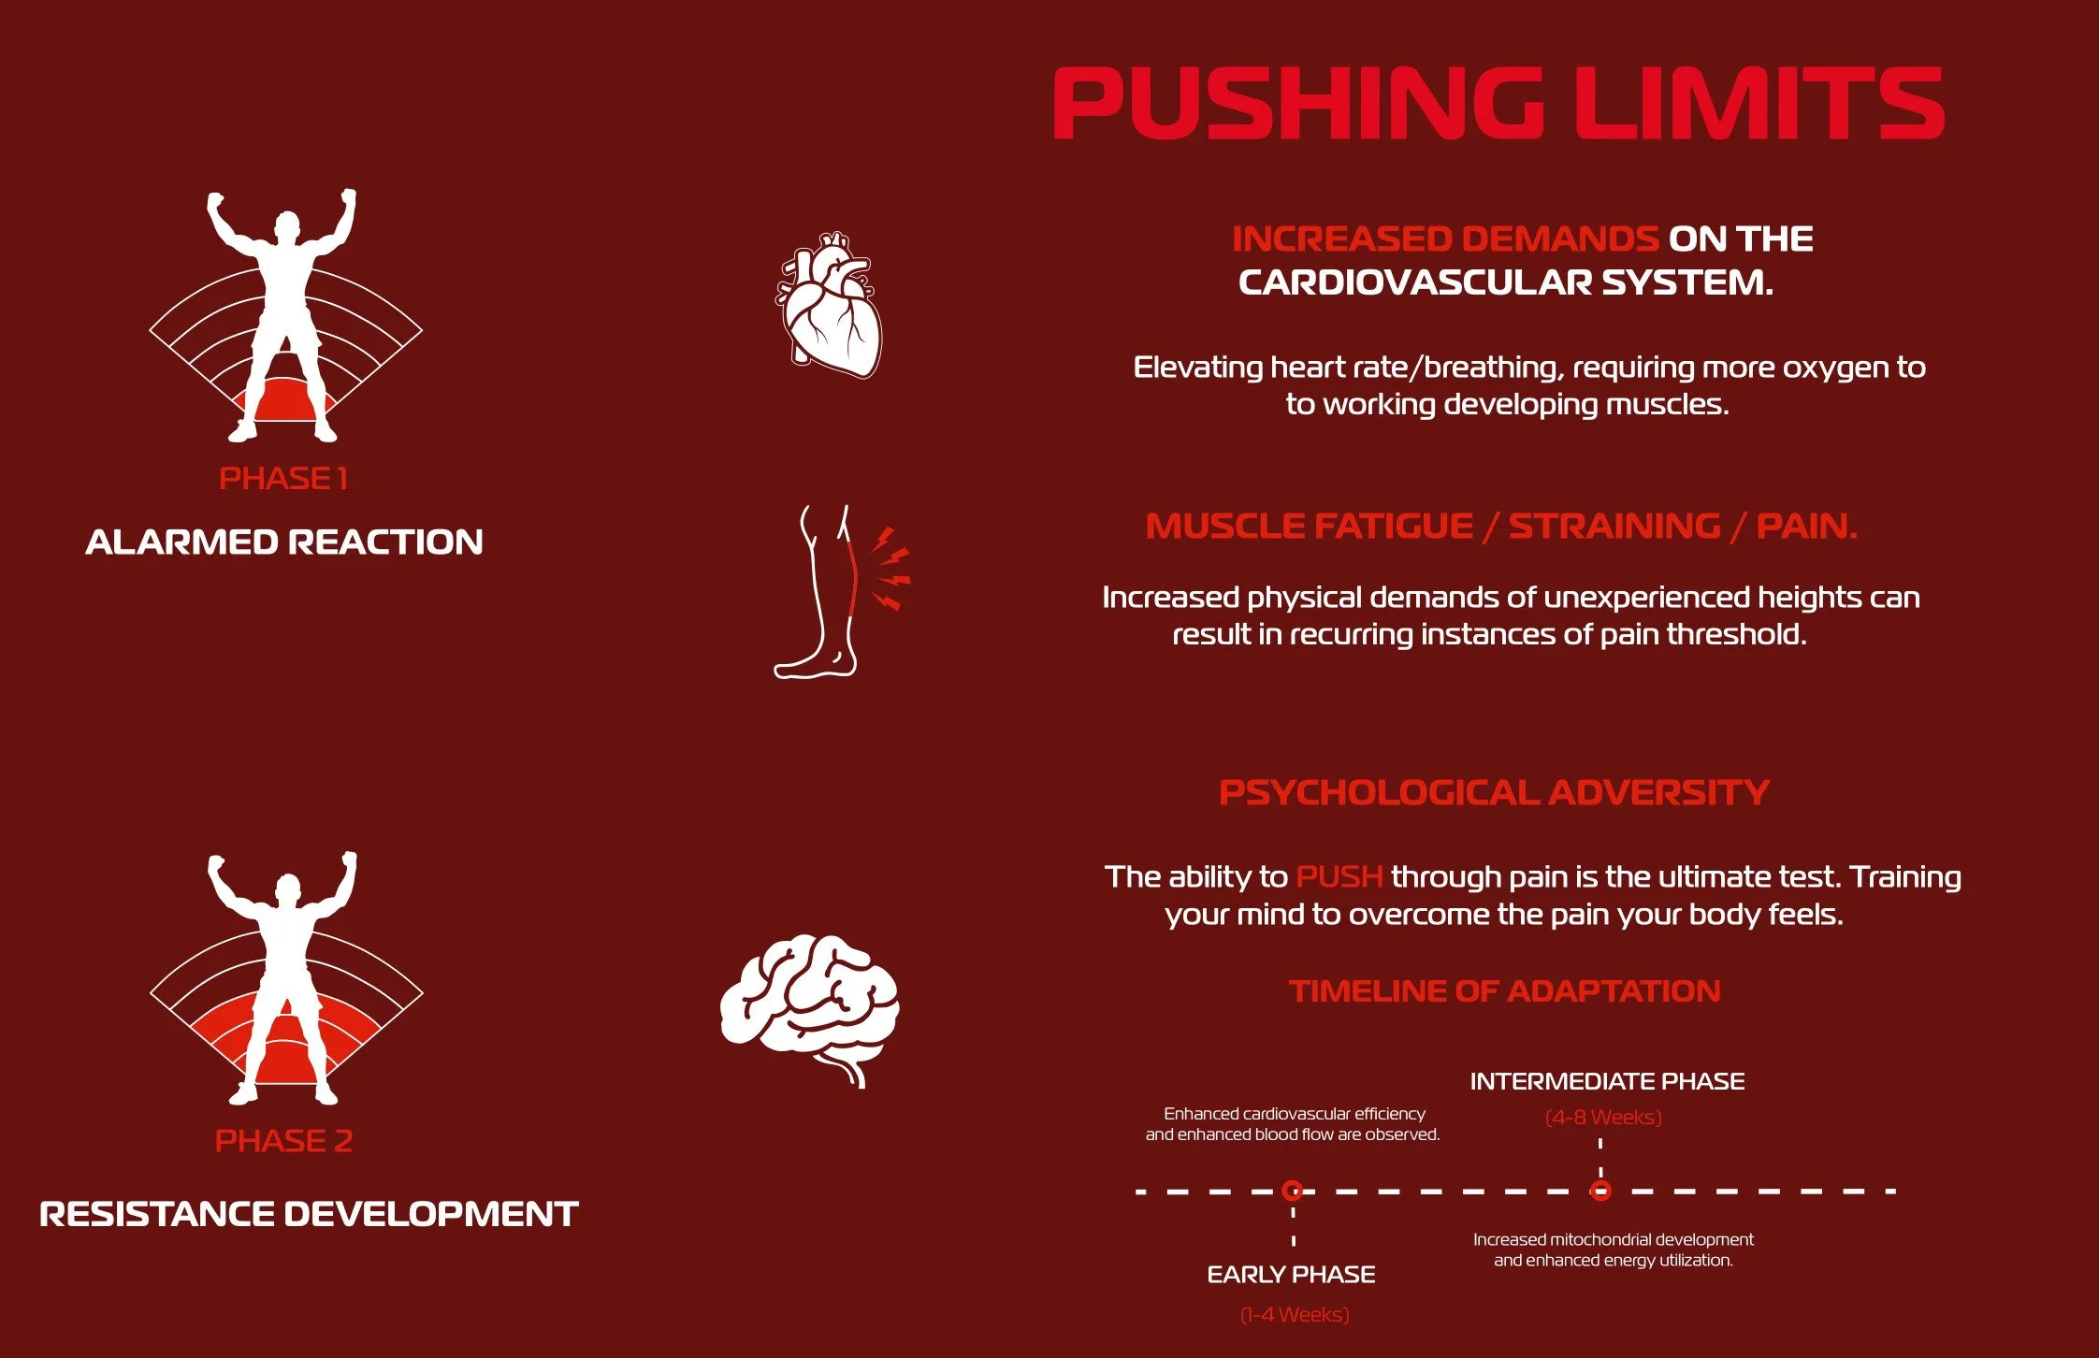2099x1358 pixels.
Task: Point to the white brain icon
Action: pyautogui.click(x=810, y=1006)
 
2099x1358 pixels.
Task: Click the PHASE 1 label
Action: pyautogui.click(x=283, y=479)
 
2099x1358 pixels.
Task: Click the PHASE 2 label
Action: pyautogui.click(x=283, y=1141)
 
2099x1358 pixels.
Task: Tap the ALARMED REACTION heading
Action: pyautogui.click(x=284, y=542)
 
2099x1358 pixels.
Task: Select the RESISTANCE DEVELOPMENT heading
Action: pyautogui.click(x=309, y=1214)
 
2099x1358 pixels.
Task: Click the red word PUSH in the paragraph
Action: pyautogui.click(x=1339, y=877)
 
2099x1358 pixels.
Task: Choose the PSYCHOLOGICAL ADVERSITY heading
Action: pyautogui.click(x=1494, y=793)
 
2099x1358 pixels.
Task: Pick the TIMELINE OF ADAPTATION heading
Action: pyautogui.click(x=1504, y=991)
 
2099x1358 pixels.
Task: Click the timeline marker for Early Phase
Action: pyautogui.click(x=1293, y=1191)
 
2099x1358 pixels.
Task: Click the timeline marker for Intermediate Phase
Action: pyautogui.click(x=1600, y=1191)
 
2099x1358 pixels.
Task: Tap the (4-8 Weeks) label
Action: pyautogui.click(x=1603, y=1118)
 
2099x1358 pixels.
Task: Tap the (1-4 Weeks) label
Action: pyautogui.click(x=1295, y=1315)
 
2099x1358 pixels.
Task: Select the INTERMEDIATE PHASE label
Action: pyautogui.click(x=1607, y=1082)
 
